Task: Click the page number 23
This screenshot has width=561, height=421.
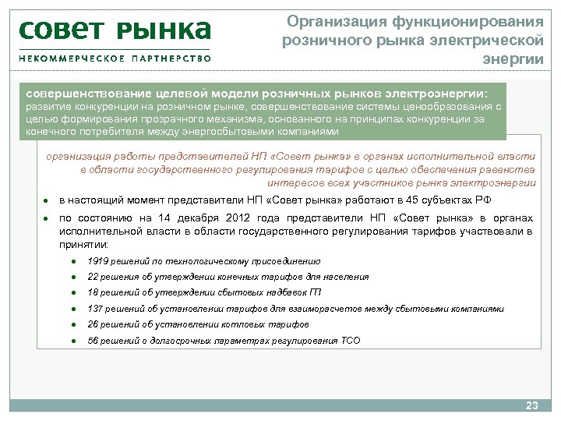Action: (532, 405)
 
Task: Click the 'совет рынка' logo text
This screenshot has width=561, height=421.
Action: (115, 30)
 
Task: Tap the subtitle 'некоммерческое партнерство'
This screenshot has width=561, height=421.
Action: (115, 58)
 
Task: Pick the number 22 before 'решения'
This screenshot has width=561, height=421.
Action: (93, 277)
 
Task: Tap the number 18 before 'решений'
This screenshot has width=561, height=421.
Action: (93, 292)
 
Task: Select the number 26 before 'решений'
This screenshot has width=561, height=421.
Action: (93, 324)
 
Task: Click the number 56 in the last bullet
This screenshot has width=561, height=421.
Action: (93, 341)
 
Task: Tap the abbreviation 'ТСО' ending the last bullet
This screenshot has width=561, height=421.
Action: (351, 341)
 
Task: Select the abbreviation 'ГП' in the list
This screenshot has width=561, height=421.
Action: (315, 292)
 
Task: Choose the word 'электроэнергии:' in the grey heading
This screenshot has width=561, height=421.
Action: (436, 91)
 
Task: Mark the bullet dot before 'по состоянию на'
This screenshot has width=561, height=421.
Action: (47, 219)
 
